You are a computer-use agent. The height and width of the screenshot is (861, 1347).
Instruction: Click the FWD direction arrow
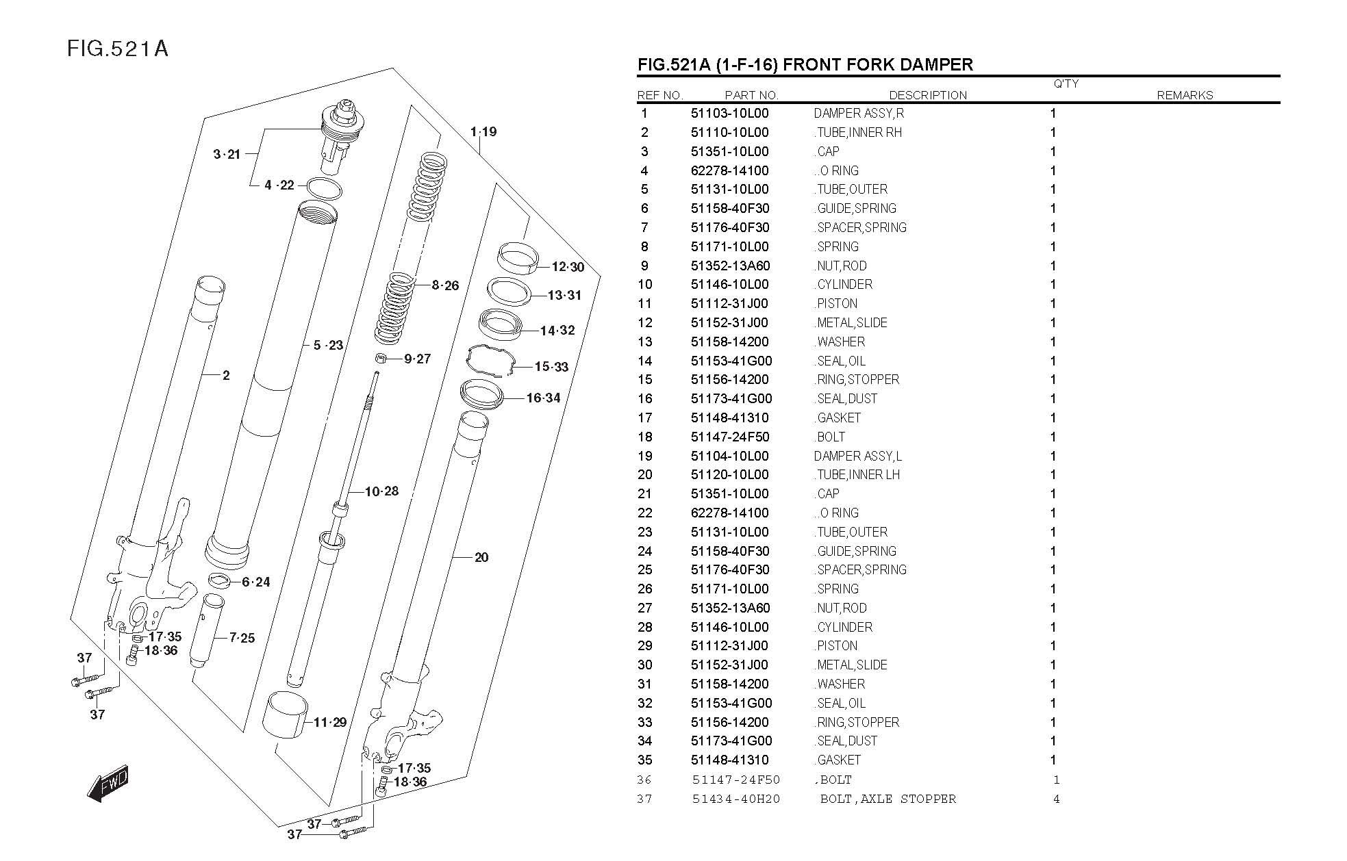(108, 782)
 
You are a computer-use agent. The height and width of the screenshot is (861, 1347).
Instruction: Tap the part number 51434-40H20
(735, 799)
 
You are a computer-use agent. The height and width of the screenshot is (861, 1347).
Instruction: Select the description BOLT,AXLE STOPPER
(887, 799)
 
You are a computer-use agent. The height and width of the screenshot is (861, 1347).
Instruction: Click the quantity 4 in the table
(1056, 799)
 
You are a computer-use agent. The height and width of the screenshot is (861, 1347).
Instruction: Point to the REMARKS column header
(1184, 95)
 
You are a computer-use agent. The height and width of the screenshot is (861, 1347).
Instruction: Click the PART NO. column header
(751, 95)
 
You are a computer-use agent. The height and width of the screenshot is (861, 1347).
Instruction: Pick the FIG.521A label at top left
(117, 49)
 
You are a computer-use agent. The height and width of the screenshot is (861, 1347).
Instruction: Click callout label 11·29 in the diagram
(330, 722)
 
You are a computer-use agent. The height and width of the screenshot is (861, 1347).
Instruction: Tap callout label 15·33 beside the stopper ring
(551, 367)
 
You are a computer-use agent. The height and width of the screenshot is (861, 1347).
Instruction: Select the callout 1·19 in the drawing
(483, 131)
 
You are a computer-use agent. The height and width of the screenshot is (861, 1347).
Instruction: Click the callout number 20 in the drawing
(481, 557)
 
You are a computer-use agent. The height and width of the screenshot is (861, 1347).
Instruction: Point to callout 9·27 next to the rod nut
(417, 359)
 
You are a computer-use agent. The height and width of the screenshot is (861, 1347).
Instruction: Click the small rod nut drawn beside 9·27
(381, 358)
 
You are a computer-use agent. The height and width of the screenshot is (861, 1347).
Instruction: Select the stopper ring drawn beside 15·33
(489, 361)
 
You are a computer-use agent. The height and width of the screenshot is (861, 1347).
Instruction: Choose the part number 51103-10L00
(729, 114)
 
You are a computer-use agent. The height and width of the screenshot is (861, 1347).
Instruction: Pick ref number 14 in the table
(645, 361)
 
